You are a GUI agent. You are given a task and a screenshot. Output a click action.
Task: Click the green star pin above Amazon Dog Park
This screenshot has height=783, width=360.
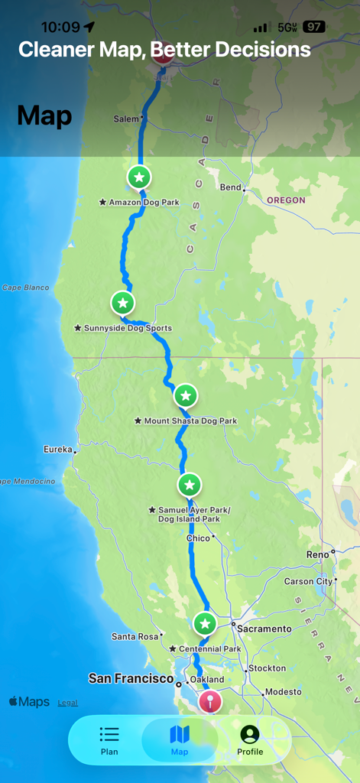tap(138, 178)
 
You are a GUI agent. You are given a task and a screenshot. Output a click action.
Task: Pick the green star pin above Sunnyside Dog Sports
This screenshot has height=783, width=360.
tap(122, 304)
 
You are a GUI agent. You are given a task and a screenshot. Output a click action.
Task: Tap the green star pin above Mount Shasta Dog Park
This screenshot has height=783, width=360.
tap(186, 396)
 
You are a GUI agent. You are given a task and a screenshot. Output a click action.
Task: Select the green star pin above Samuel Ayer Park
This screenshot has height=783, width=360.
tap(190, 485)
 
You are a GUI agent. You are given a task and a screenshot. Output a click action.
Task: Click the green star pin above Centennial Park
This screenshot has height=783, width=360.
tap(204, 624)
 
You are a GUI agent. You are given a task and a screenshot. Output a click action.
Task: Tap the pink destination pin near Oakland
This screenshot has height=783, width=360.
tap(209, 700)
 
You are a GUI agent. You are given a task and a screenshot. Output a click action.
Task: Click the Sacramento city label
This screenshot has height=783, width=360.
tap(264, 629)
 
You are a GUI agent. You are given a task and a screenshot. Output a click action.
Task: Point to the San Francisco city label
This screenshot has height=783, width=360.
tap(131, 678)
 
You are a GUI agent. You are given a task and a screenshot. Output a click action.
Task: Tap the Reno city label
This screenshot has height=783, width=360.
tap(317, 554)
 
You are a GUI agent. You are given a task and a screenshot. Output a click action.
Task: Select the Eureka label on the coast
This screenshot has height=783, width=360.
tap(58, 449)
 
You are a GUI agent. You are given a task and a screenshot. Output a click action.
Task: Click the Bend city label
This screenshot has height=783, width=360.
tap(230, 187)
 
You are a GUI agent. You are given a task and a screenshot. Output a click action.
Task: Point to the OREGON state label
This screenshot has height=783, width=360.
tap(286, 200)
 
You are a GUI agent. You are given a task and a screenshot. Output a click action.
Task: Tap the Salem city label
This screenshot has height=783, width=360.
tap(126, 119)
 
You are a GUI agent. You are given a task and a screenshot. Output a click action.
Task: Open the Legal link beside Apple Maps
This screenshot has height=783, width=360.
tap(67, 703)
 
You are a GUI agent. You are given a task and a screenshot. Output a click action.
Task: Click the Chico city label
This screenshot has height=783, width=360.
tap(198, 538)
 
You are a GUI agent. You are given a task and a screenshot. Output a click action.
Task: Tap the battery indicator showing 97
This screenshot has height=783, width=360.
tap(314, 27)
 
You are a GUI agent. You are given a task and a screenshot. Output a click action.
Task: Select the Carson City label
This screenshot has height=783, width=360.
tap(308, 581)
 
